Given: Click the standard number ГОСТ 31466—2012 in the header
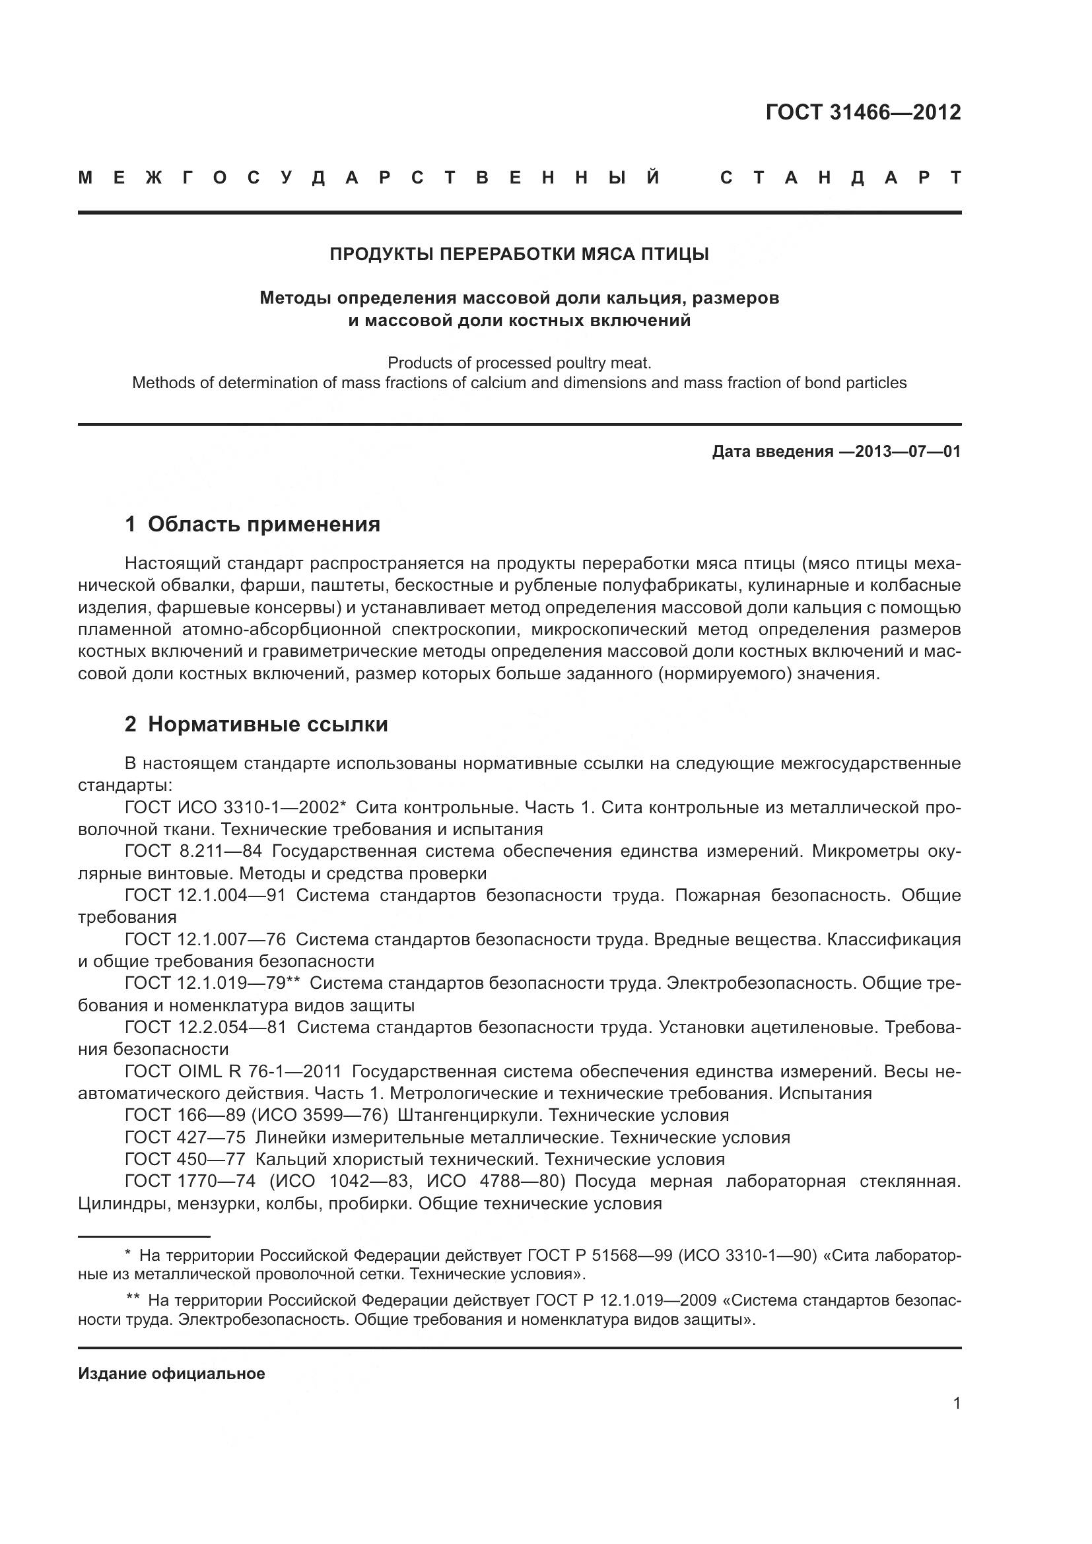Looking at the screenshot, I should (863, 112).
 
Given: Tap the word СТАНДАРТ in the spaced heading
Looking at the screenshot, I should (840, 178).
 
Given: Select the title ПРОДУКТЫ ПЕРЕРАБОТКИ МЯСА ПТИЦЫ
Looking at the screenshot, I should (519, 254).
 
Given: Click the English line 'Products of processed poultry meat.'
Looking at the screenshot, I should (519, 363).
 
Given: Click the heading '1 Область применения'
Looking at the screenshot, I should (253, 525).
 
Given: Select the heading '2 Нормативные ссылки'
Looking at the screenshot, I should (257, 725).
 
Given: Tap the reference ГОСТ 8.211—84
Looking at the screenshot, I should (193, 852).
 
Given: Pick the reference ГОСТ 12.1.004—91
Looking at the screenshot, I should (205, 896).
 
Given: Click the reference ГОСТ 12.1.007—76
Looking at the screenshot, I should (205, 939).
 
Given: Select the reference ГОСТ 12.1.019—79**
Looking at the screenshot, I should (212, 983).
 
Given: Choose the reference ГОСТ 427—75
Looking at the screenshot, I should (185, 1137).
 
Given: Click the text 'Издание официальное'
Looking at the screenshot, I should (172, 1374).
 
